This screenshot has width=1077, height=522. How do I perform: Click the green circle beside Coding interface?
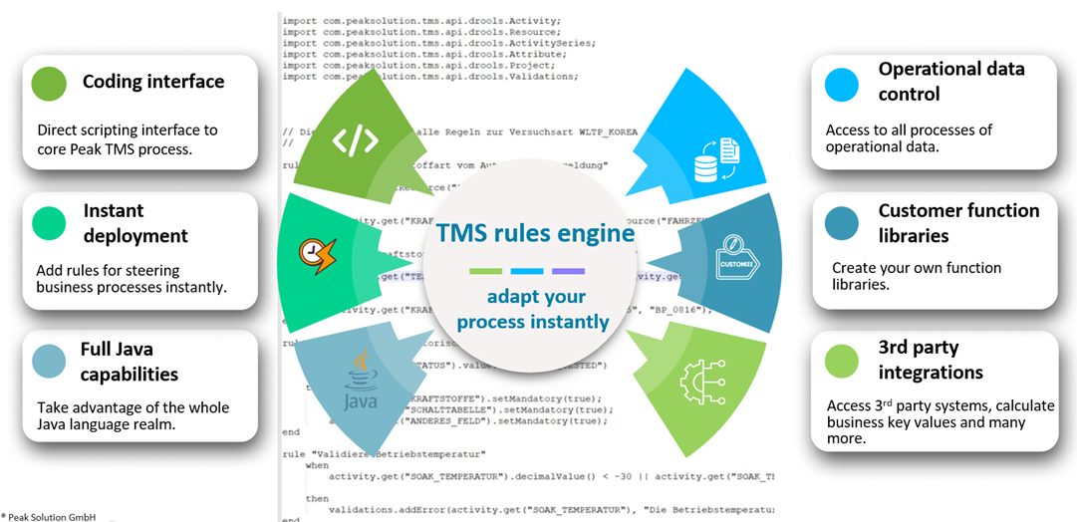pyautogui.click(x=49, y=83)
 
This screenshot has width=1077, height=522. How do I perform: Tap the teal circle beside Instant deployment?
pyautogui.click(x=49, y=224)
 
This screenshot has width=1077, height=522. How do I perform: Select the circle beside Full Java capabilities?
pyautogui.click(x=49, y=362)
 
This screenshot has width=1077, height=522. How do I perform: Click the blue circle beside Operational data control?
pyautogui.click(x=842, y=84)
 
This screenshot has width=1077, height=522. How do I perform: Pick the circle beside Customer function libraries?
pyautogui.click(x=842, y=224)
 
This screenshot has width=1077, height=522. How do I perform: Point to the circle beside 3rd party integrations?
pyautogui.click(x=842, y=361)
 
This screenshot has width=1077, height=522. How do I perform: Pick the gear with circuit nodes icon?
pyautogui.click(x=702, y=379)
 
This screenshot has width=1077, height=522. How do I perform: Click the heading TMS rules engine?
pyautogui.click(x=535, y=233)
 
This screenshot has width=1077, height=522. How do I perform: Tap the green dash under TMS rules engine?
pyautogui.click(x=485, y=271)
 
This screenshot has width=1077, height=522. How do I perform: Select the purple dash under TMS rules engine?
pyautogui.click(x=568, y=271)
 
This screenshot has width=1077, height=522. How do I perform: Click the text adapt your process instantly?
pyautogui.click(x=536, y=309)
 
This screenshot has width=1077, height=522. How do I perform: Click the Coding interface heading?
pyautogui.click(x=153, y=82)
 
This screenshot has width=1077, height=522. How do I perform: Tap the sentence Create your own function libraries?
pyautogui.click(x=917, y=276)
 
